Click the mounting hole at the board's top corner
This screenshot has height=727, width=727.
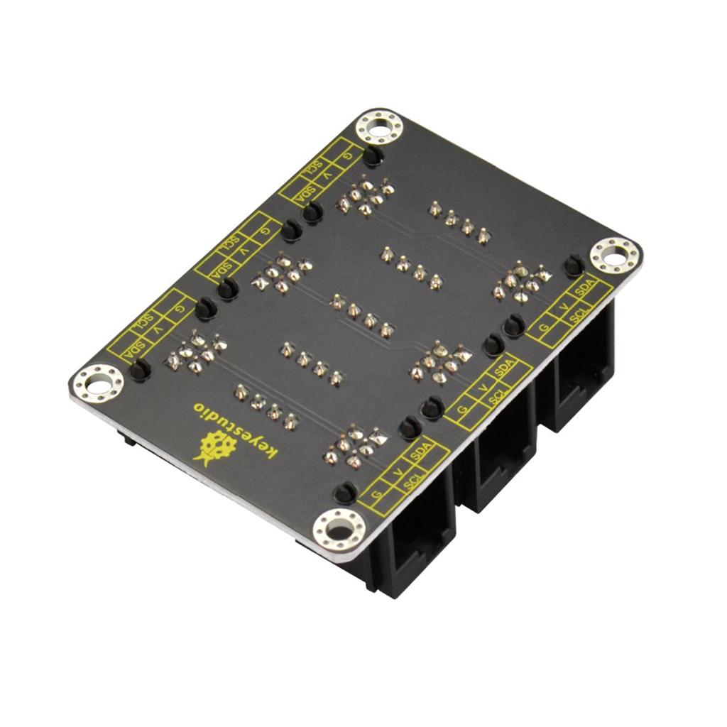[379, 129]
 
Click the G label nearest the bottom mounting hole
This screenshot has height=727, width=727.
[377, 493]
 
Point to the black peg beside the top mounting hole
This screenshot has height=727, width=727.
[373, 155]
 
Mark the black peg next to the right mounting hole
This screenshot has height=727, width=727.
[573, 267]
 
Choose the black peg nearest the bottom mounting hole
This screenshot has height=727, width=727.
[345, 492]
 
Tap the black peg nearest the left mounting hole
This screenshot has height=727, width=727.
[139, 369]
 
